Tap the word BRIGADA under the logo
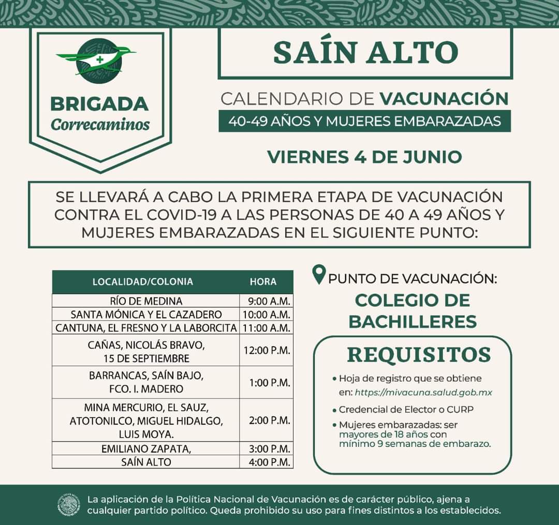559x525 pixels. coord(99,104)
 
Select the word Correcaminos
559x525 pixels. coord(100,125)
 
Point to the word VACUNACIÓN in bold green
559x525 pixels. coord(444,98)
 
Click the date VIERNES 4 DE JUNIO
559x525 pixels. coord(364,156)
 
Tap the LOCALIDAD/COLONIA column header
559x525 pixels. coord(142,282)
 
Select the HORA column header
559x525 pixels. coord(263,282)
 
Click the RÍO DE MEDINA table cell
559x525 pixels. coord(146,301)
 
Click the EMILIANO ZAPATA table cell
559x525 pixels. coord(146,449)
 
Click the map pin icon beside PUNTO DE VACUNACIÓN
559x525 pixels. coord(320,274)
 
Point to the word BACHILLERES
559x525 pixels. coord(413,321)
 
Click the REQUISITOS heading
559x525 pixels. coord(418,355)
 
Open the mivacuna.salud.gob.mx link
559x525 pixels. coord(424,393)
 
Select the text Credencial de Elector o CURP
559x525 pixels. coord(406,410)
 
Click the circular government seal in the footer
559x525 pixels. coord(69,505)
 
